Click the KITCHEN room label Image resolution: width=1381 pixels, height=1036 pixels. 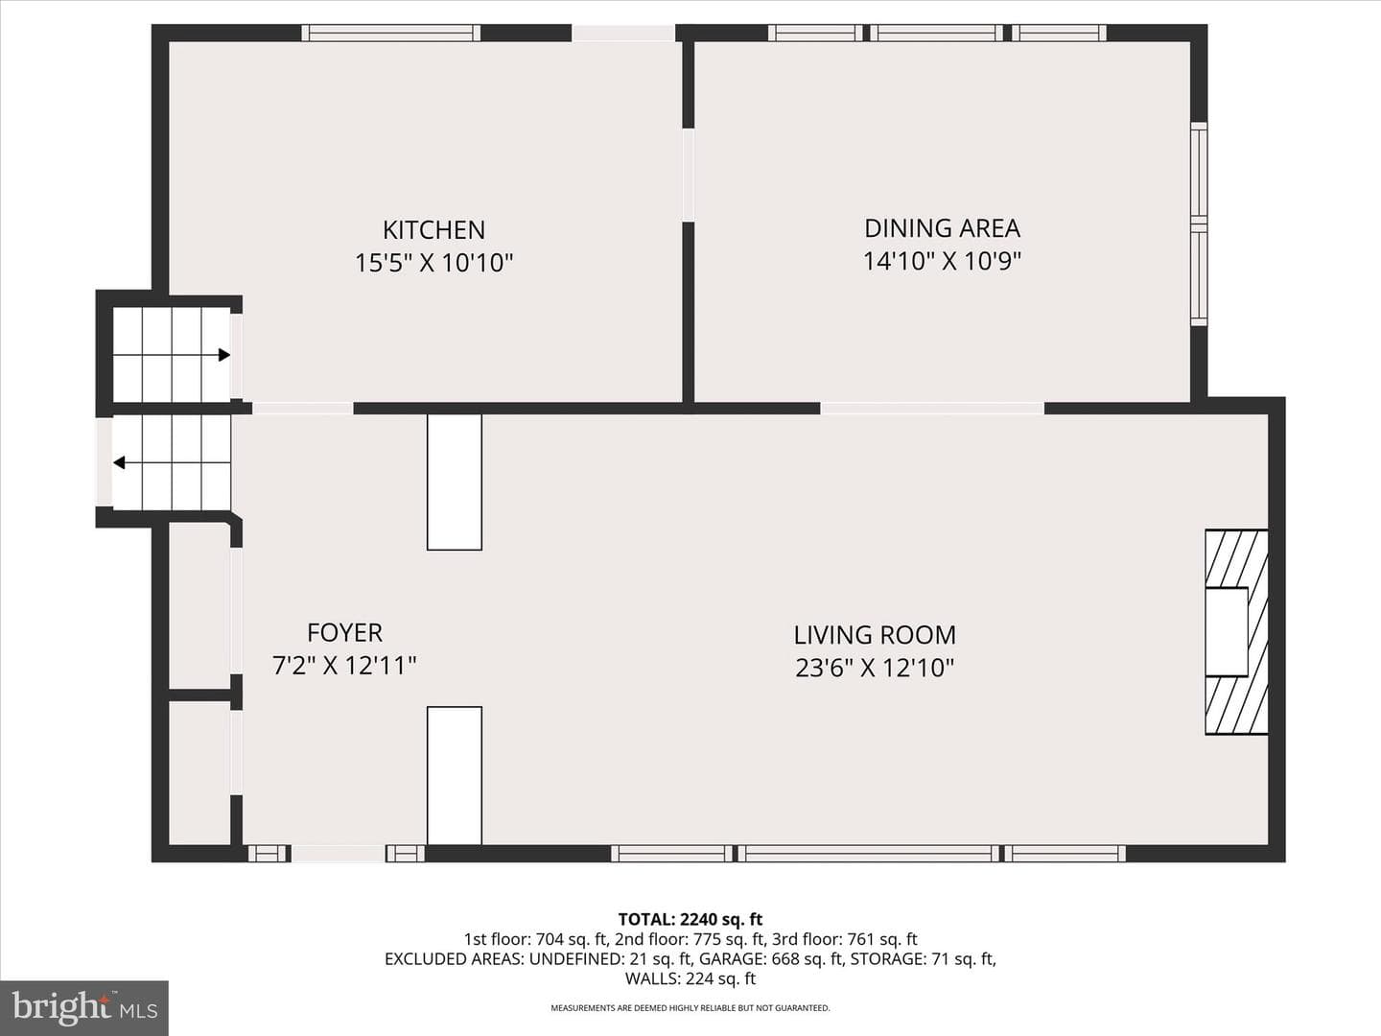coord(434,230)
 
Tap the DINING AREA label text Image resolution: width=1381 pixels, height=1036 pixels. coord(942,228)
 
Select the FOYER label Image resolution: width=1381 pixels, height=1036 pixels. coord(345,633)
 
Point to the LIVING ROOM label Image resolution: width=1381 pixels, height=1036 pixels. coord(875,635)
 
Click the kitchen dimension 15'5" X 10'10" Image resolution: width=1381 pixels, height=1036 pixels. coord(434,263)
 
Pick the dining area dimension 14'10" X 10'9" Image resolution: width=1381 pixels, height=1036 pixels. coord(942,261)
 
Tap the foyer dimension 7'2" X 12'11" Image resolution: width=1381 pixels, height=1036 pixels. coord(345,666)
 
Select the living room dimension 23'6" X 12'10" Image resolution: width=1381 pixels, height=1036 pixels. coord(875,668)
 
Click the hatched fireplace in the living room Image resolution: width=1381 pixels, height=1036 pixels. coord(1236,631)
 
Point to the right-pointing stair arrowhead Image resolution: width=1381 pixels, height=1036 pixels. coord(224,355)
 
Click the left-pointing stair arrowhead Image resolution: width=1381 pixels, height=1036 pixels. coord(119,463)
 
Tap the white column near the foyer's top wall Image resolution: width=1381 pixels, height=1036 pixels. coord(455,482)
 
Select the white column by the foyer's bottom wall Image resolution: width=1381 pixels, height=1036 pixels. coord(455,775)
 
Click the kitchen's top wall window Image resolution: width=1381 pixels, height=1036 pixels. coord(390,33)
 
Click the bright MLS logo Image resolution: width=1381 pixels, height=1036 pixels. coord(84,1008)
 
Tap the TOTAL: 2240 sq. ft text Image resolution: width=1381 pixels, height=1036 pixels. coord(690,920)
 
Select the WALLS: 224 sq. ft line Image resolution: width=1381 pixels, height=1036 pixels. coord(690,978)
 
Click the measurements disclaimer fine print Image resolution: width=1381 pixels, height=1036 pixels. coord(690,1008)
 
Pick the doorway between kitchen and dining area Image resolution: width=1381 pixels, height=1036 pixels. coord(689,175)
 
